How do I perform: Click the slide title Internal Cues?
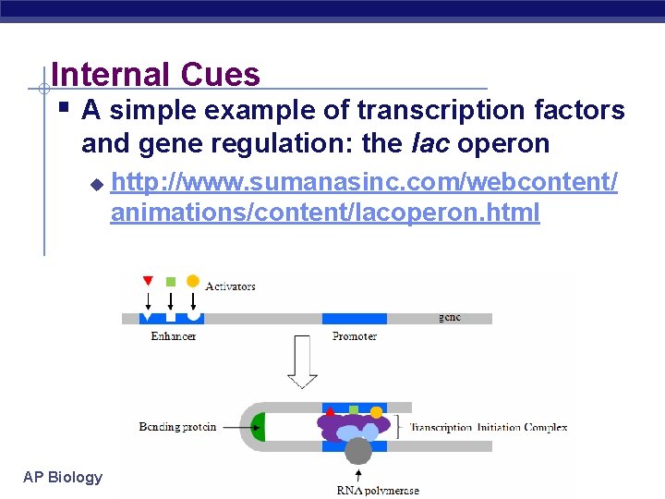click(156, 74)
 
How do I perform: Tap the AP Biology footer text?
click(63, 477)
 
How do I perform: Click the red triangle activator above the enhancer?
click(148, 281)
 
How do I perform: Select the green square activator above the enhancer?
click(170, 281)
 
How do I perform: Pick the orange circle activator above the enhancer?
click(192, 281)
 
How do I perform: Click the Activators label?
click(230, 286)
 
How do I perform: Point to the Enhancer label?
click(174, 336)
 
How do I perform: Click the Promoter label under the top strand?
click(355, 336)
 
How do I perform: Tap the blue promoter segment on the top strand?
click(355, 318)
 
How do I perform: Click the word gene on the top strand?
click(450, 317)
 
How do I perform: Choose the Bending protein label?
click(177, 427)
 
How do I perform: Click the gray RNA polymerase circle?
click(357, 451)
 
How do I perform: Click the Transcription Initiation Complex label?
click(488, 427)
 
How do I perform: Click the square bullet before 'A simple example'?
click(62, 110)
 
